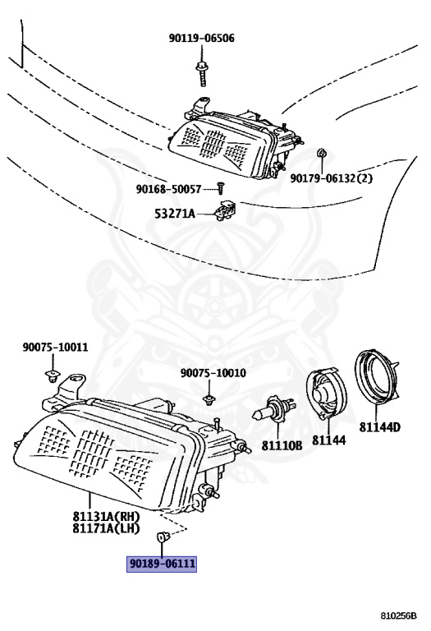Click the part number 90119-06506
coord(201,39)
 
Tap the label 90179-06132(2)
coord(332,177)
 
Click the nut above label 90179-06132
coord(322,154)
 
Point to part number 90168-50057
coord(168,189)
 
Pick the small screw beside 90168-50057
coord(221,187)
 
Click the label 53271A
coord(175,214)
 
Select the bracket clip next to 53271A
coord(225,210)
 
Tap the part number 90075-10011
coord(55,347)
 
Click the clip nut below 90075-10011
coord(51,377)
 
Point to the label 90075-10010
coord(213,373)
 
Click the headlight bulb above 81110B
coord(274,408)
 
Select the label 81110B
coord(282,445)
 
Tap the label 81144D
coord(379,427)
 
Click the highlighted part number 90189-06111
coord(162,564)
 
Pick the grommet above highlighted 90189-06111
coord(163,537)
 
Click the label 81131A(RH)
coord(106,516)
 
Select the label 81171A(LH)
coord(106,528)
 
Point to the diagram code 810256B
coord(399,615)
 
